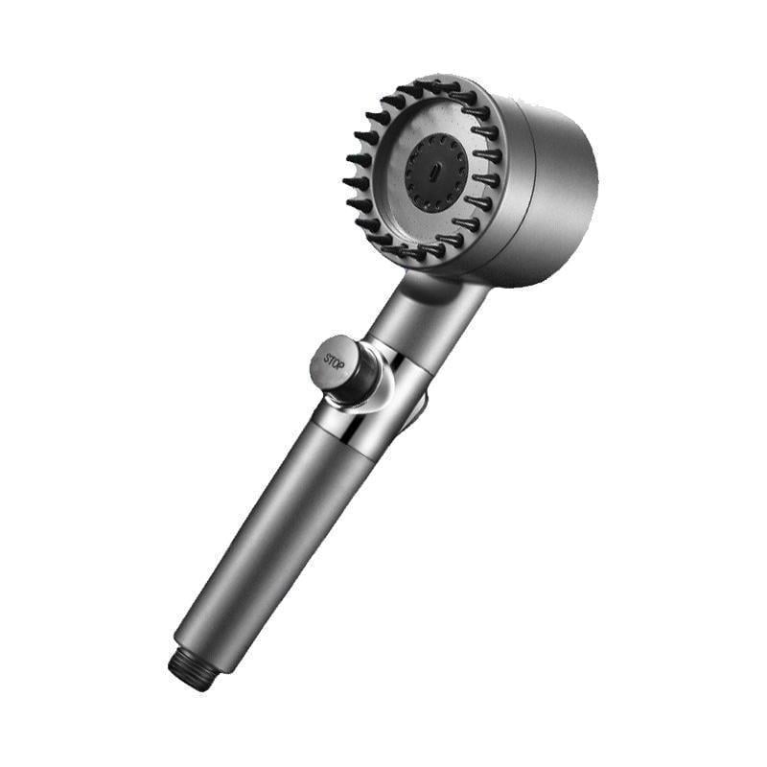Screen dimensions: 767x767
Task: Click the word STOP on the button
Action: pos(334,361)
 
